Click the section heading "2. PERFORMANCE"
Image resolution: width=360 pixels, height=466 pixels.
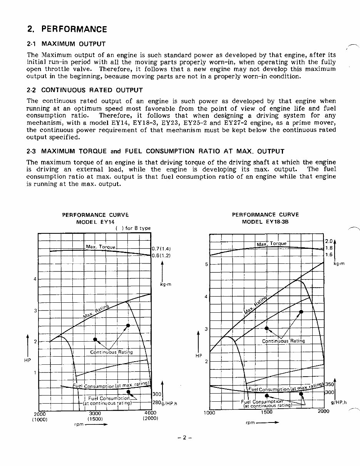click(x=67, y=29)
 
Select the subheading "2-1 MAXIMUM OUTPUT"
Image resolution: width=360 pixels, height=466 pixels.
click(x=66, y=44)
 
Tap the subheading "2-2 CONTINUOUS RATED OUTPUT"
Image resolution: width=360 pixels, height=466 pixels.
click(x=85, y=90)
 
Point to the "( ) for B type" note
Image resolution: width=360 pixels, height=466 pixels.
click(x=133, y=228)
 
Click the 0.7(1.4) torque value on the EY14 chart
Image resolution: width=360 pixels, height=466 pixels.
click(x=161, y=248)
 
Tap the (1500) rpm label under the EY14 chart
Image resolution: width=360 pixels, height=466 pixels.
click(x=94, y=419)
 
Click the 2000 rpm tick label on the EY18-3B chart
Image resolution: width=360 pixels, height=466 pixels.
click(x=323, y=411)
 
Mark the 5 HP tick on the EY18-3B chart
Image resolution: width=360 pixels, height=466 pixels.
click(x=206, y=265)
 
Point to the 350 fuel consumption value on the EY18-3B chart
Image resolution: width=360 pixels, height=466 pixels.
click(x=329, y=384)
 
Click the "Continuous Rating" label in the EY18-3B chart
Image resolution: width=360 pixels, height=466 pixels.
click(x=283, y=341)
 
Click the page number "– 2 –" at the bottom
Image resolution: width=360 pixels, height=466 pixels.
click(x=185, y=438)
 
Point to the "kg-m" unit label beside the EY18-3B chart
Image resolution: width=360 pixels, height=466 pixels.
click(x=338, y=263)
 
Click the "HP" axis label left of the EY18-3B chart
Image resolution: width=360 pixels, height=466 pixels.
click(x=199, y=356)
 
